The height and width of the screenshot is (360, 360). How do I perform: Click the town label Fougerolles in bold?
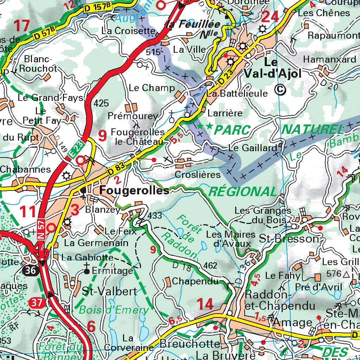pos(134,191)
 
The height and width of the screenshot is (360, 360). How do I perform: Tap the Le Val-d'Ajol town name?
pos(282,68)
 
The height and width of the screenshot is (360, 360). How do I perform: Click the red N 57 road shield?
pos(40,229)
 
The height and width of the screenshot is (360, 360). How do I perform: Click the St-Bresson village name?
pos(289,239)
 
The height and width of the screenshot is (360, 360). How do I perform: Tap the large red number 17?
pos(22,26)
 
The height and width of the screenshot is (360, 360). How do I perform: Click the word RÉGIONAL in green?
pos(243,192)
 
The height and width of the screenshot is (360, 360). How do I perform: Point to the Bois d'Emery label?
pos(114,310)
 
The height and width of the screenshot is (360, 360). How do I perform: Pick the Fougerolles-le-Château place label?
pos(138,137)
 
